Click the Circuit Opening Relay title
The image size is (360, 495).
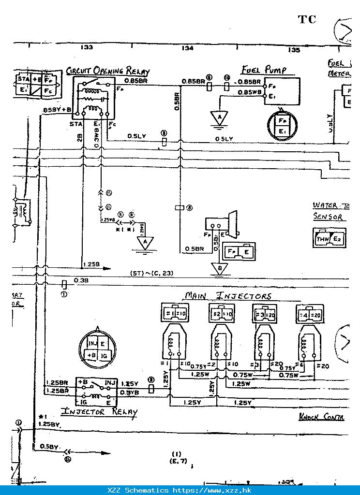click(107, 71)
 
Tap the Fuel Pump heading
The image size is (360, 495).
click(264, 70)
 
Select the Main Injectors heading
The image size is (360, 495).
click(228, 296)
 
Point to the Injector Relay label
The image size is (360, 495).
click(99, 412)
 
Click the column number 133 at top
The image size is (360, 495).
click(87, 48)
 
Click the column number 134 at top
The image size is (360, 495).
click(188, 48)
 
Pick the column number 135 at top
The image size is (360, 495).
click(293, 50)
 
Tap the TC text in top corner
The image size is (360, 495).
click(307, 19)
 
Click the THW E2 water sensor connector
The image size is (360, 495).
click(330, 238)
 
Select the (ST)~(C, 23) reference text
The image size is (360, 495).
click(151, 274)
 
